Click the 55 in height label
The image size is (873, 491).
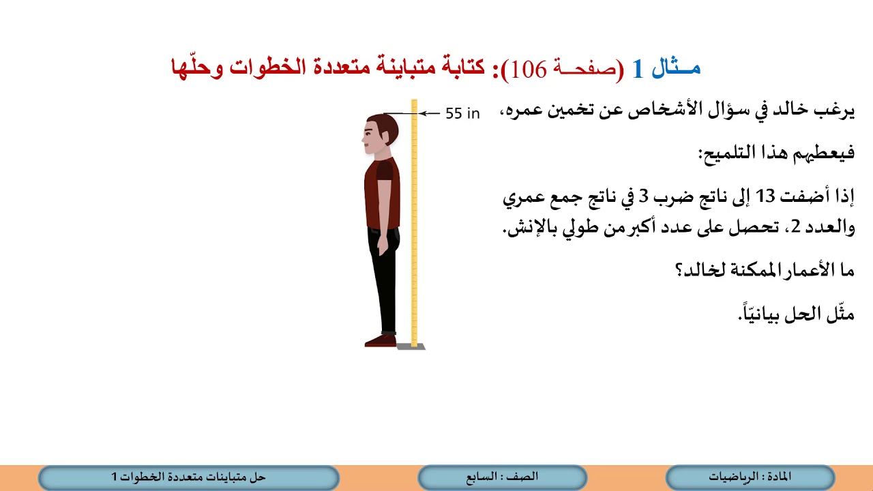click(x=462, y=114)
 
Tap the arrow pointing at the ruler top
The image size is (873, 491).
click(x=429, y=114)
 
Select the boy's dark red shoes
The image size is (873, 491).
click(x=381, y=340)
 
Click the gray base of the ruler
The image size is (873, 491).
click(x=411, y=346)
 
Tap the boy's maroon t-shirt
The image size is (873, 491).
click(x=381, y=191)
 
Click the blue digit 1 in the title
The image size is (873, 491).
click(x=638, y=70)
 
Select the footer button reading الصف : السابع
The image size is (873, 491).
click(x=502, y=477)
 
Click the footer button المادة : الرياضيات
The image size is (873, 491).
click(x=750, y=477)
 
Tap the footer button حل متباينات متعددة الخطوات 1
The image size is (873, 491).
click(x=188, y=477)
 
